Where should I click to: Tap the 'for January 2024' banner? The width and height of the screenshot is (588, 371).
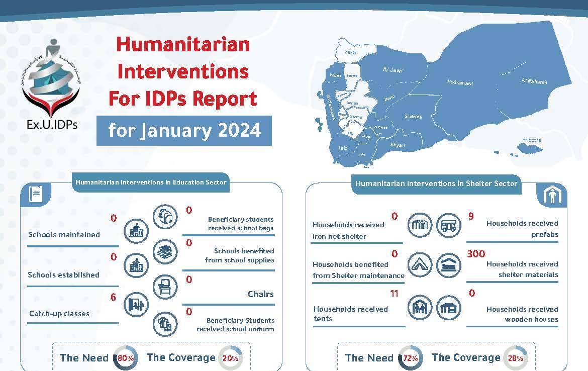click(x=184, y=130)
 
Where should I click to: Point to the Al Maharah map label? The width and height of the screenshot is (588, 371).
click(x=534, y=81)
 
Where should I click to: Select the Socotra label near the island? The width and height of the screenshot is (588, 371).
click(x=531, y=140)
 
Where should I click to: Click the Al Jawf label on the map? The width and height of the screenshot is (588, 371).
click(x=393, y=70)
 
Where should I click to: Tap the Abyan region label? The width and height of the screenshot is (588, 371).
click(x=397, y=145)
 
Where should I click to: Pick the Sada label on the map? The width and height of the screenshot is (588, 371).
click(x=350, y=52)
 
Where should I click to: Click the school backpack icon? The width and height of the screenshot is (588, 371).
click(x=165, y=217)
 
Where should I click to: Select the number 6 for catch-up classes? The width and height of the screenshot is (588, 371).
click(x=114, y=297)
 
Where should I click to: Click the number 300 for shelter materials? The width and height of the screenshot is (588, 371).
click(x=476, y=254)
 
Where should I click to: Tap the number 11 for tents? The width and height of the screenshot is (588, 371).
click(x=394, y=294)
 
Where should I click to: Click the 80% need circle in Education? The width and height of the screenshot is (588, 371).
click(x=126, y=358)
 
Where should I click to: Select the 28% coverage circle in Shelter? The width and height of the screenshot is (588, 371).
click(x=515, y=358)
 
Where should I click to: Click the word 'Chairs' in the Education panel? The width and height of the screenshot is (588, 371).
click(x=260, y=294)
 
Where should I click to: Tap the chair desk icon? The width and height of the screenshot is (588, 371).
click(x=165, y=286)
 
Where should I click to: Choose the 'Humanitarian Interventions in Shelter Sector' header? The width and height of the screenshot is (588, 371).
click(x=436, y=183)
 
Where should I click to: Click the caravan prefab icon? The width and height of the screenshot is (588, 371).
click(x=448, y=225)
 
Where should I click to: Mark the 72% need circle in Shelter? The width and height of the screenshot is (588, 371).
click(x=410, y=358)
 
